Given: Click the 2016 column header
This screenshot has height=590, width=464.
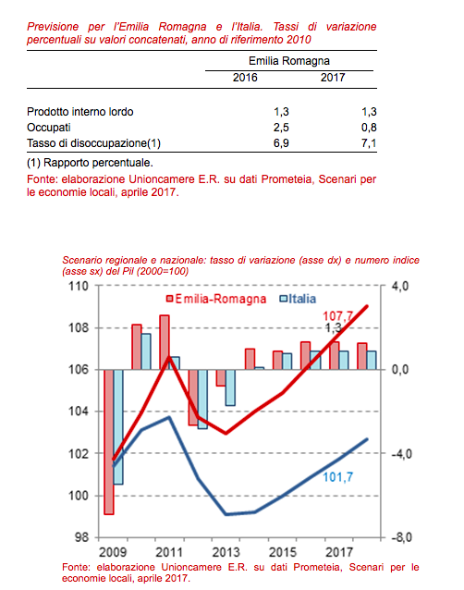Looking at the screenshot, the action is (245, 78).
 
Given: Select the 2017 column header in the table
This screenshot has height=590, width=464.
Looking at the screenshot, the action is (333, 78).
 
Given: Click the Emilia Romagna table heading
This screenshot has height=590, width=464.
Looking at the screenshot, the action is (289, 61).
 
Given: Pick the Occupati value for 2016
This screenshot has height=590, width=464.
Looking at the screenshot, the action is (281, 128).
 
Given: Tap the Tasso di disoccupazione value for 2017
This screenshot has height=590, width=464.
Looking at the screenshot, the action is (369, 143).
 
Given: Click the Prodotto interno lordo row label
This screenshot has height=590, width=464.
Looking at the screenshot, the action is (80, 112).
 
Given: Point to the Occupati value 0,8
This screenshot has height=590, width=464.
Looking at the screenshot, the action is (369, 128).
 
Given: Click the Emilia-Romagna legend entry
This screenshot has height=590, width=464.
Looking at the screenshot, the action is (216, 299).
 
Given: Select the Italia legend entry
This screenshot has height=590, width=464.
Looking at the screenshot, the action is (298, 299).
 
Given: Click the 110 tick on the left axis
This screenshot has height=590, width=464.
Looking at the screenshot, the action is (79, 286).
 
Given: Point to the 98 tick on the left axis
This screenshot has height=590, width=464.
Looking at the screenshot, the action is (81, 537).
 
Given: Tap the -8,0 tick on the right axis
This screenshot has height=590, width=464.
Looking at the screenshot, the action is (400, 537).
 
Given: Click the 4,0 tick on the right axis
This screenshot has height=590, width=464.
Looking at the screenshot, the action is (400, 286).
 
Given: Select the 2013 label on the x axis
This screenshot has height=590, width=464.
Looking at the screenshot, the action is (226, 552).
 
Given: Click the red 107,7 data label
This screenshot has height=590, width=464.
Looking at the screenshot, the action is (337, 316).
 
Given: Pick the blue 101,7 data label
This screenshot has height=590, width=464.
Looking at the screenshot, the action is (338, 477).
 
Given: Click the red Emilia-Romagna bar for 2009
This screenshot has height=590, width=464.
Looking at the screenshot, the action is (109, 442).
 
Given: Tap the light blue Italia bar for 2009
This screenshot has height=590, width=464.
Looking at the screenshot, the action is (118, 426).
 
